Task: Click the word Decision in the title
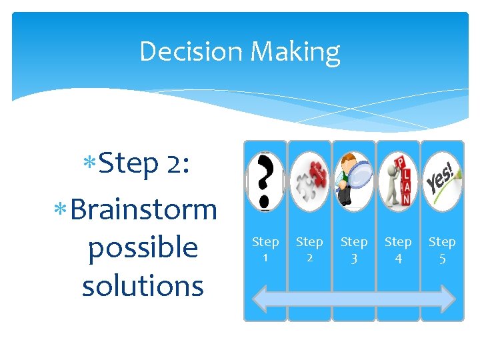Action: click(189, 51)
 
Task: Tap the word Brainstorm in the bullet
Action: click(143, 209)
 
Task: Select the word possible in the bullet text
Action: click(143, 247)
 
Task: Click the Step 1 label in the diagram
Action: click(265, 249)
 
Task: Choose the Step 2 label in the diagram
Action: click(309, 249)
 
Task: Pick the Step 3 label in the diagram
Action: click(354, 249)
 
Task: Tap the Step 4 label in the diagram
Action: click(398, 249)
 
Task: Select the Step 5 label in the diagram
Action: click(442, 249)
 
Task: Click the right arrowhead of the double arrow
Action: click(448, 298)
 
